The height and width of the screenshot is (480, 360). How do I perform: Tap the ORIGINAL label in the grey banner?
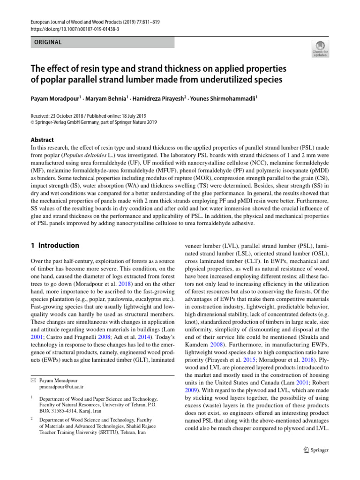point(47,42)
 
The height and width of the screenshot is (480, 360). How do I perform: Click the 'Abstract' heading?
point(42,140)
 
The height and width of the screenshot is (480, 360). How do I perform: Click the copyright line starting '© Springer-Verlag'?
point(94,122)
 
